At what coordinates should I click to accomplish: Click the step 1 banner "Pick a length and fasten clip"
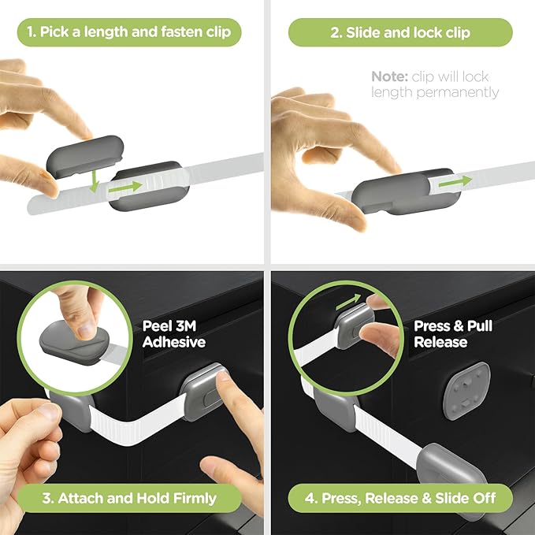pyautogui.click(x=128, y=32)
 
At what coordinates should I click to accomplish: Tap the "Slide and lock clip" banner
pyautogui.click(x=400, y=32)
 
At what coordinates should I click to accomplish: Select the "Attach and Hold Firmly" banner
pyautogui.click(x=128, y=498)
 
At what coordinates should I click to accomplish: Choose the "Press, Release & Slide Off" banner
pyautogui.click(x=400, y=498)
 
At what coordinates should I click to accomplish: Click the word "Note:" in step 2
pyautogui.click(x=389, y=76)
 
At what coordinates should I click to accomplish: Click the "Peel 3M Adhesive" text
pyautogui.click(x=173, y=333)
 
